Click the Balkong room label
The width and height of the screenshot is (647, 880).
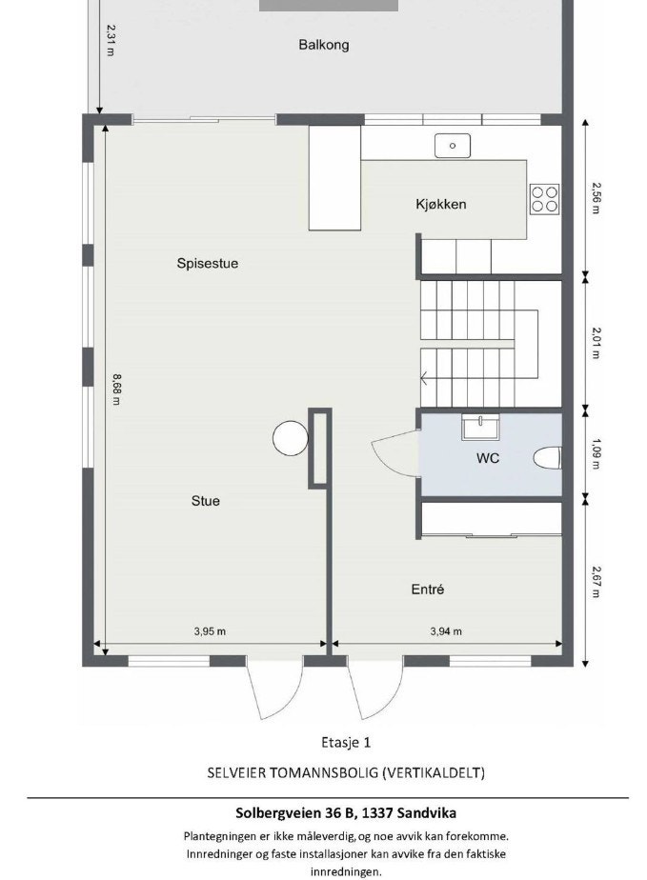pos(323,45)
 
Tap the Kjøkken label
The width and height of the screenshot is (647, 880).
pos(440,205)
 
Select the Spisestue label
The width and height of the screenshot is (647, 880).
pos(207,264)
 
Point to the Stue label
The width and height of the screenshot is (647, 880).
pos(206,500)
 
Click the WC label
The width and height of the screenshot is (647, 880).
pos(488,458)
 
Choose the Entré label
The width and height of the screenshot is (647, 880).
pos(428,590)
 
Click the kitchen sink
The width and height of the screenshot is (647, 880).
pos(453,146)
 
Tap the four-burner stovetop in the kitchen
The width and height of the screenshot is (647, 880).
pos(545,198)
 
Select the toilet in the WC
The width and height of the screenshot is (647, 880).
pos(547,459)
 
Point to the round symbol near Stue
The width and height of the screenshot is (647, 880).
pos(291,439)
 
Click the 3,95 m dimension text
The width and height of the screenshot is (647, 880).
pos(210,630)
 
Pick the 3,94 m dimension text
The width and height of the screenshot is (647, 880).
pos(446,630)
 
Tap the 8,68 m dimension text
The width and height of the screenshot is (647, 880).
pos(115,389)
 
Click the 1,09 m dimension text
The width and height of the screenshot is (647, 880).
pos(596,453)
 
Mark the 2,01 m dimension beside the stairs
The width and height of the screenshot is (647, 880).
pos(596,342)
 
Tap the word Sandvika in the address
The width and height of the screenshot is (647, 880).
pos(425,813)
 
